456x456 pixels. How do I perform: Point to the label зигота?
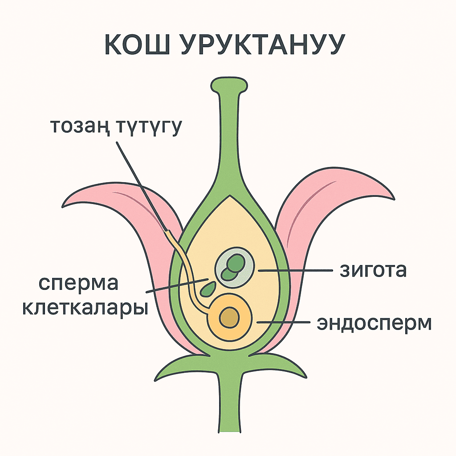click(373, 270)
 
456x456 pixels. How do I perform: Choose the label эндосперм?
click(374, 324)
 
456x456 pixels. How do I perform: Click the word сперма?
click(78, 284)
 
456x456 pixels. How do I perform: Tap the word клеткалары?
click(85, 308)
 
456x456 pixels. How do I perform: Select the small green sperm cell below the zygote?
click(207, 290)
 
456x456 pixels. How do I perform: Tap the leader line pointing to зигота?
click(294, 270)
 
